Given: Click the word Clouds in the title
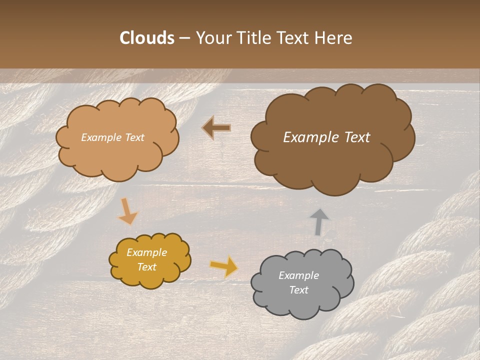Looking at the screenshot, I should pos(147,38).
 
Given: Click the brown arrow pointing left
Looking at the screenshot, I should pos(216,128).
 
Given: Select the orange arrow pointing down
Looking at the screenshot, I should pos(127,212).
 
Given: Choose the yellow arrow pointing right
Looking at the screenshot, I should pos(224,266).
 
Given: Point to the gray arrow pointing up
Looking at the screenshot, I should pos(319,221).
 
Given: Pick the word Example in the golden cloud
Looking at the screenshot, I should pos(147,252).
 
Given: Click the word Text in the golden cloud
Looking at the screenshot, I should pos(147,267).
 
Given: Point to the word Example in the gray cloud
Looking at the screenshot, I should pos(298,275).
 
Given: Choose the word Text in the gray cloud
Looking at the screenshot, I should pos(298,290).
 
